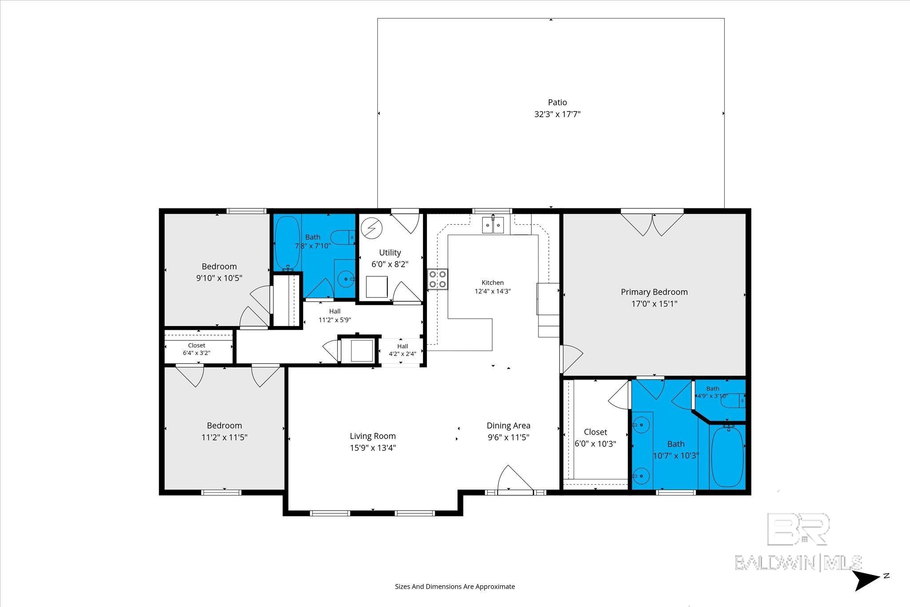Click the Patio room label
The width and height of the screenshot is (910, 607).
(x=557, y=102)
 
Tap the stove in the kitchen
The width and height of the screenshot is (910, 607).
(x=438, y=279)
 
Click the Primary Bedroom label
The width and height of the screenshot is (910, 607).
(x=654, y=292)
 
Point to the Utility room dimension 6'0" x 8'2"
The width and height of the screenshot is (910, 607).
(x=390, y=264)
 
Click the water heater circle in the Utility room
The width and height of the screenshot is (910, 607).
(x=371, y=228)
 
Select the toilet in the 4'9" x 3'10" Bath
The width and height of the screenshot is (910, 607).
(x=733, y=401)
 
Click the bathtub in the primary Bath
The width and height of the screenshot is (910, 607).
(x=727, y=456)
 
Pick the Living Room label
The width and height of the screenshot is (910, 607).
(x=372, y=436)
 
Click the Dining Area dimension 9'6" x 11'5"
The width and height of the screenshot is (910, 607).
(x=508, y=437)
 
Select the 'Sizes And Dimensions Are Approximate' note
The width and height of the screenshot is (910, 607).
(x=455, y=587)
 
